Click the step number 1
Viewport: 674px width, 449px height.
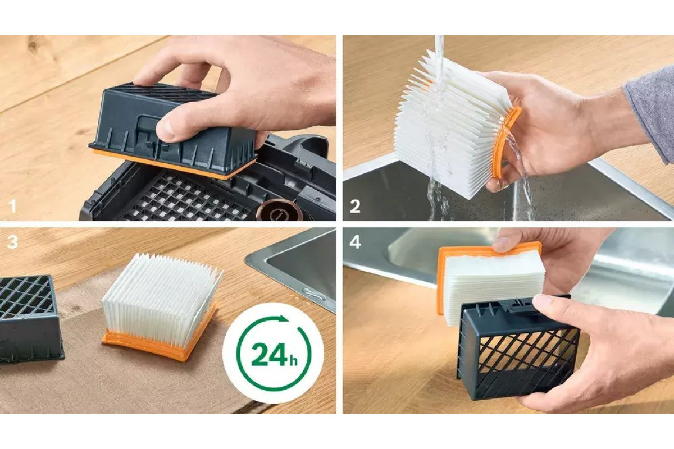tap(12, 207)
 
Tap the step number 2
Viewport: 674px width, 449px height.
tap(355, 207)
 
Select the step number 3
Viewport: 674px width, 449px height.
tap(12, 242)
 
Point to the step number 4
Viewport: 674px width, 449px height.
tap(355, 242)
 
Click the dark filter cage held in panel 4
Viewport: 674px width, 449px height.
tap(517, 349)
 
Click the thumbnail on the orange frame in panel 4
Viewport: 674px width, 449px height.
tap(502, 244)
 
